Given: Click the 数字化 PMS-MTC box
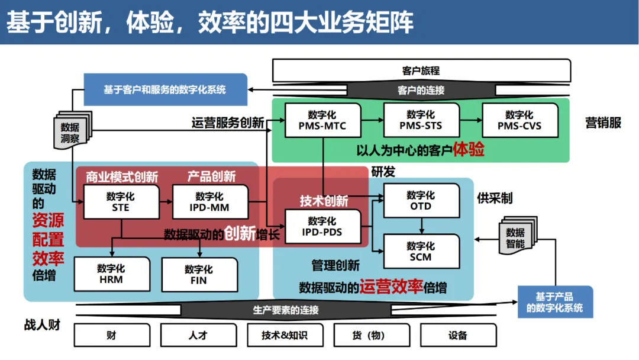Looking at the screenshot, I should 322,120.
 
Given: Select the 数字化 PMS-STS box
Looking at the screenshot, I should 421,120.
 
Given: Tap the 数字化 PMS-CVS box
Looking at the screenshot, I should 519,120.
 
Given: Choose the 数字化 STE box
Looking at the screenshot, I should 121,202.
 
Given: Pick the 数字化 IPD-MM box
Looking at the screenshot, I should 209,202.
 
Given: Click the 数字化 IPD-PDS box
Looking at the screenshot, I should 322,226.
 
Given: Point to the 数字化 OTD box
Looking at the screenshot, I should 421,201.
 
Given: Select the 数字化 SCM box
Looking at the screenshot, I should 421,252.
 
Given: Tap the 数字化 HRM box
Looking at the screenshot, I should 111,274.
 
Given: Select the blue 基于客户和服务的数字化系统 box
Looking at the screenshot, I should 165,89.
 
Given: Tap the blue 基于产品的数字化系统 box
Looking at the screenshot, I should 554,302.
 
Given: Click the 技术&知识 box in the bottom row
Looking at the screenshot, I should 285,335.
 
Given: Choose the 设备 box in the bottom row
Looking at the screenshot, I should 458,335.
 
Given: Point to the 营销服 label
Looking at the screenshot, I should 603,123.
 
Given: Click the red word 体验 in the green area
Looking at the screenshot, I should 469,149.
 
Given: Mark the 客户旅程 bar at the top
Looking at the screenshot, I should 421,70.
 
